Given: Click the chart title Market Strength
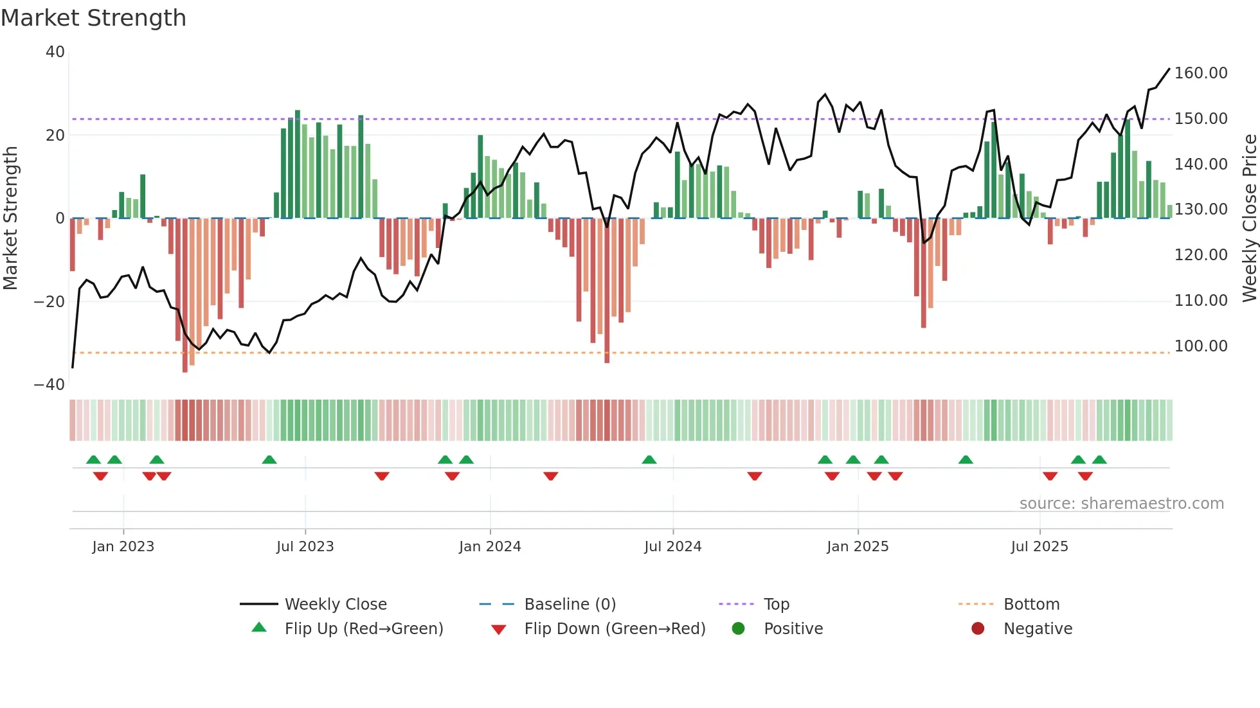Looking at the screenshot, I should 93,18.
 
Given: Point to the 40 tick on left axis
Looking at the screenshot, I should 55,52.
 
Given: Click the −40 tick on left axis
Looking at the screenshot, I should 50,385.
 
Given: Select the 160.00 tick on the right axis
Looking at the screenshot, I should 1201,73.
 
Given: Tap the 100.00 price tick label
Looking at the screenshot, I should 1201,346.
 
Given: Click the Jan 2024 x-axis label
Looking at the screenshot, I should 490,547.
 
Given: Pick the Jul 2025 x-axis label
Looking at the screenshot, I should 1039,547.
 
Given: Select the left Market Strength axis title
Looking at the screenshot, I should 11,218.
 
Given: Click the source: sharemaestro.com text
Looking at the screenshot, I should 1121,504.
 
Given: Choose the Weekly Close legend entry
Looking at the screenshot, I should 336,605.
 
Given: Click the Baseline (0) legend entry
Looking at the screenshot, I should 570,605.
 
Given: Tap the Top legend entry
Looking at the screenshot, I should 776,605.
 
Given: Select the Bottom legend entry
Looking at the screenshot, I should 1031,605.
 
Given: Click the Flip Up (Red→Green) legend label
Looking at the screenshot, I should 364,629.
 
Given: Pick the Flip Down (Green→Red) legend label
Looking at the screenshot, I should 615,629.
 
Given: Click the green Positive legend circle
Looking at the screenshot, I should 739,629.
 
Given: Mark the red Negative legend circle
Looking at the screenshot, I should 978,629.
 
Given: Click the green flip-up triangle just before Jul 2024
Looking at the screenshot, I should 649,460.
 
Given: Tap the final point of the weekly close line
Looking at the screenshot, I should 1169,69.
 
